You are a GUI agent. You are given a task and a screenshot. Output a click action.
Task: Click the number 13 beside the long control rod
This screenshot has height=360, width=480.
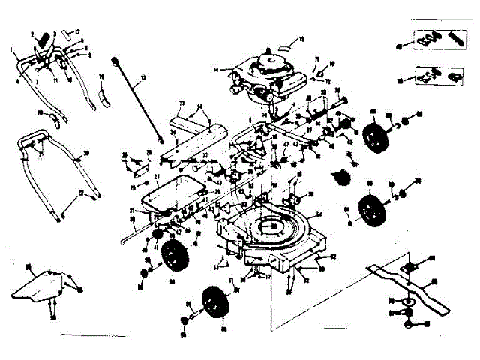point(144,77)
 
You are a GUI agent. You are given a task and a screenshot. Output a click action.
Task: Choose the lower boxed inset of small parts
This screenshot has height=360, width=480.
point(434,74)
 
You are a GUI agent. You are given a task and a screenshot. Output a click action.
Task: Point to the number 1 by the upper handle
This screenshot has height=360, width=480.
point(13,50)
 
